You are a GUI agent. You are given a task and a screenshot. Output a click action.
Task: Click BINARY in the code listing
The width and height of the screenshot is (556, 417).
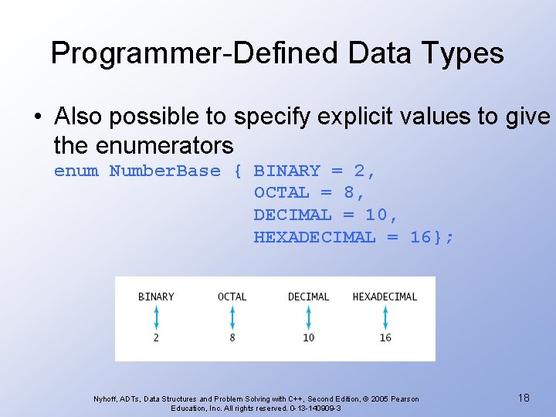[286, 171]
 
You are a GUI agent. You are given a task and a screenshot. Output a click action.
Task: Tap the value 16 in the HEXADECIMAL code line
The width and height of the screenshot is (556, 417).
[421, 237]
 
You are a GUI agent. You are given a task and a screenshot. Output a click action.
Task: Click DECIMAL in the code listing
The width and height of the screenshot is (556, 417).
[292, 215]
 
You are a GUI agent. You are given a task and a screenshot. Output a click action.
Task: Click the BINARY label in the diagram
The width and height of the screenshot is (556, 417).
[156, 297]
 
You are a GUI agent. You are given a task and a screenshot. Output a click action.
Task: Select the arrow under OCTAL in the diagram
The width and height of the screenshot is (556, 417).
[232, 317]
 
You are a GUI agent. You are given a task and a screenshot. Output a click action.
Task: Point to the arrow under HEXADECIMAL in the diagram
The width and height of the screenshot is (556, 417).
[385, 317]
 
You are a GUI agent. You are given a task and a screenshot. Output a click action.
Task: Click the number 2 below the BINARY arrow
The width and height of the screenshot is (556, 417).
[156, 337]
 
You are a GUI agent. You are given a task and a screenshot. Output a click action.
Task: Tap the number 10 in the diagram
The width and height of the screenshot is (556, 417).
[308, 337]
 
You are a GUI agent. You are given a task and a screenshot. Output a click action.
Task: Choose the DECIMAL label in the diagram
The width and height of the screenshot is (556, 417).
[308, 297]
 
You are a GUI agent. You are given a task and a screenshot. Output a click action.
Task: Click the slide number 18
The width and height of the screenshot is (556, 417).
[523, 398]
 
